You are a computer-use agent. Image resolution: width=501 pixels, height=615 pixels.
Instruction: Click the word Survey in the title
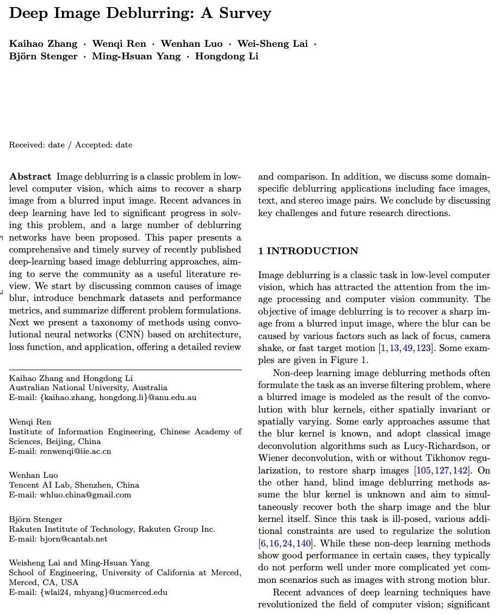coord(243,13)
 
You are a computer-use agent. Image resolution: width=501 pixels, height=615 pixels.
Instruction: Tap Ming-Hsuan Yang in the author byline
coord(136,56)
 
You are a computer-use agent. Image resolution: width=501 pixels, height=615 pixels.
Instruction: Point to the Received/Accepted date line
coord(71,145)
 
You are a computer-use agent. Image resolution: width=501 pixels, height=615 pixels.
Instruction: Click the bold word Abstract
coord(30,176)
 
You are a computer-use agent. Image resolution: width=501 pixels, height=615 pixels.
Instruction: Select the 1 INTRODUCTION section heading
coord(308,251)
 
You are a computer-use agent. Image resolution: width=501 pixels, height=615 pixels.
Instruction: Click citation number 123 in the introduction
coord(423,348)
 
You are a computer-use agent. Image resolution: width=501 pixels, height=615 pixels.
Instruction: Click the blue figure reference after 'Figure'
coord(364,360)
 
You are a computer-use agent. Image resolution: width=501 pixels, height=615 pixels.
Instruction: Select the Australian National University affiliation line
coord(88,388)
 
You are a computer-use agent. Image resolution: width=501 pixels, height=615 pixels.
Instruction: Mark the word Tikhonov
coord(442,458)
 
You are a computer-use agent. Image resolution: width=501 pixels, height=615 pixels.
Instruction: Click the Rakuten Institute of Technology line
coord(112,528)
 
